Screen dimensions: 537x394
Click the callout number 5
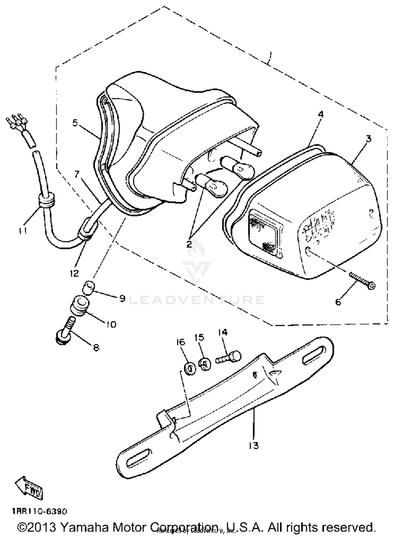point(75,123)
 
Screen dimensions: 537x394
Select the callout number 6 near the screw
point(338,302)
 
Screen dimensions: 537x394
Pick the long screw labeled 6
point(362,280)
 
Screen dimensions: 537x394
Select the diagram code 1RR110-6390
point(39,512)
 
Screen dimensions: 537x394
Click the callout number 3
point(369,138)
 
